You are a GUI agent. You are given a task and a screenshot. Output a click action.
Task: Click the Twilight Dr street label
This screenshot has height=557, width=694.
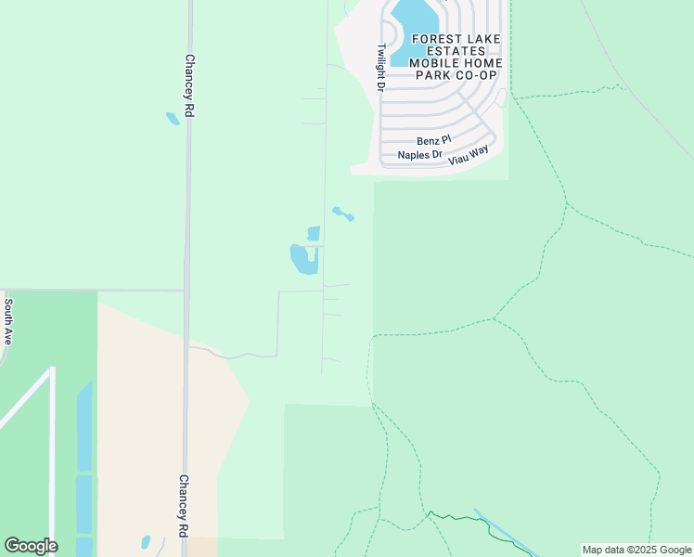coord(380,68)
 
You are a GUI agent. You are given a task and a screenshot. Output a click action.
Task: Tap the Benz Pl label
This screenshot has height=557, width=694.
coord(433,141)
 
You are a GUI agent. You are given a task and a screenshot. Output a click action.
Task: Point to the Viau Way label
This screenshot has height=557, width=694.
coord(469,156)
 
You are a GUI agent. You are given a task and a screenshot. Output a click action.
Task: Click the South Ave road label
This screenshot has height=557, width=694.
coord(7,321)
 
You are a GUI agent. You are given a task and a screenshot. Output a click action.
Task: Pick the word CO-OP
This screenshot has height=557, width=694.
coord(476,75)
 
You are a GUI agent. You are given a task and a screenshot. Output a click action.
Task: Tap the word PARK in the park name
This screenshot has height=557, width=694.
coord(431,75)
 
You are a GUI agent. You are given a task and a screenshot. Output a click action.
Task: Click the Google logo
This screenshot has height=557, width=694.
coord(31,546)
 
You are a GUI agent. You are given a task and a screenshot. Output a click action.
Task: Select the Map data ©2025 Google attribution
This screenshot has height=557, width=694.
coord(636,550)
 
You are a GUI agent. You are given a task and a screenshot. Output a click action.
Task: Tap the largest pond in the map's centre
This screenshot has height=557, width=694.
coord(303,259)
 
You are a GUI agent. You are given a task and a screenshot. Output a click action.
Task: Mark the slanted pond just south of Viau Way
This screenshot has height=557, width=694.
coord(343,214)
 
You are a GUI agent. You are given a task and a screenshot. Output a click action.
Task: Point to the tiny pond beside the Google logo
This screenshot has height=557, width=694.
coord(146,542)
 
